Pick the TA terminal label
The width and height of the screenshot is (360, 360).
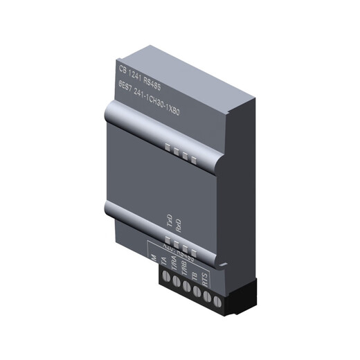(x=163, y=262)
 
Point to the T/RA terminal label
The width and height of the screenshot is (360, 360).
(x=174, y=266)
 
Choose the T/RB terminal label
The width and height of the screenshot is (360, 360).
(x=185, y=270)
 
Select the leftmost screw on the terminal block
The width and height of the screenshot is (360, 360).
(x=166, y=280)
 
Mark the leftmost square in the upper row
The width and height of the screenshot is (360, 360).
(x=168, y=146)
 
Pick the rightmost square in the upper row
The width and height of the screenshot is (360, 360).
(x=194, y=161)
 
